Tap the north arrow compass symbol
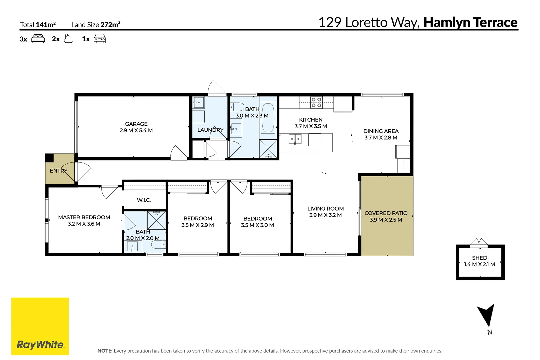point(487,315)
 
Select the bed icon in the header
point(38,39)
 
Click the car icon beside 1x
point(100,39)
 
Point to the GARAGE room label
point(136,124)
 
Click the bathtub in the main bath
point(268,118)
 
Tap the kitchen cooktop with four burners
point(316,102)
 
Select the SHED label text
point(479,258)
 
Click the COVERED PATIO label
point(386,213)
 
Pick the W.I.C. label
point(144,200)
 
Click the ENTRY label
point(59,171)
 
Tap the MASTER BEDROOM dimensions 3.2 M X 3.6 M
point(84,224)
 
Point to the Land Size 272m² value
point(110,24)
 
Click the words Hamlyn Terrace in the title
point(470,22)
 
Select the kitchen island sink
point(295,139)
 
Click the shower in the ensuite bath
point(156,220)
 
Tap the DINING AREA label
point(381,131)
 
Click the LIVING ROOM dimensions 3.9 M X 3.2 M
point(325,215)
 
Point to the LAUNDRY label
point(210,130)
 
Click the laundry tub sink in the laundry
point(198,102)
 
